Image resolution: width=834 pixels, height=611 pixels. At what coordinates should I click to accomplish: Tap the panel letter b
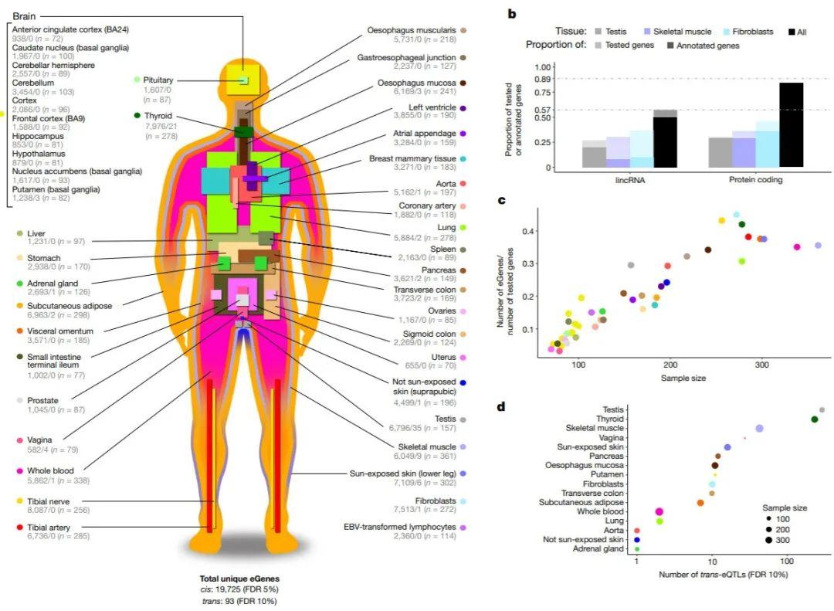coord(512,13)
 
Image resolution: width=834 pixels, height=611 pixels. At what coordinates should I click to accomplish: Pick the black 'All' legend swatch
coord(793,32)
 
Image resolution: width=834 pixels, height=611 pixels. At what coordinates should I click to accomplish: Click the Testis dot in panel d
coord(822,410)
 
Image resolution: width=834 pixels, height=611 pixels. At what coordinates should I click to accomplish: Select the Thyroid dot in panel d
coord(815,419)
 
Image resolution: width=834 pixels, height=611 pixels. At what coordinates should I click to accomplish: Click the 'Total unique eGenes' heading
coord(239,578)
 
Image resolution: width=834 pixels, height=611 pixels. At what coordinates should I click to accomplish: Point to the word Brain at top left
coord(25,15)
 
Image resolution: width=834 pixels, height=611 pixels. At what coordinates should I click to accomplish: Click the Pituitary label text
coord(158,80)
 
